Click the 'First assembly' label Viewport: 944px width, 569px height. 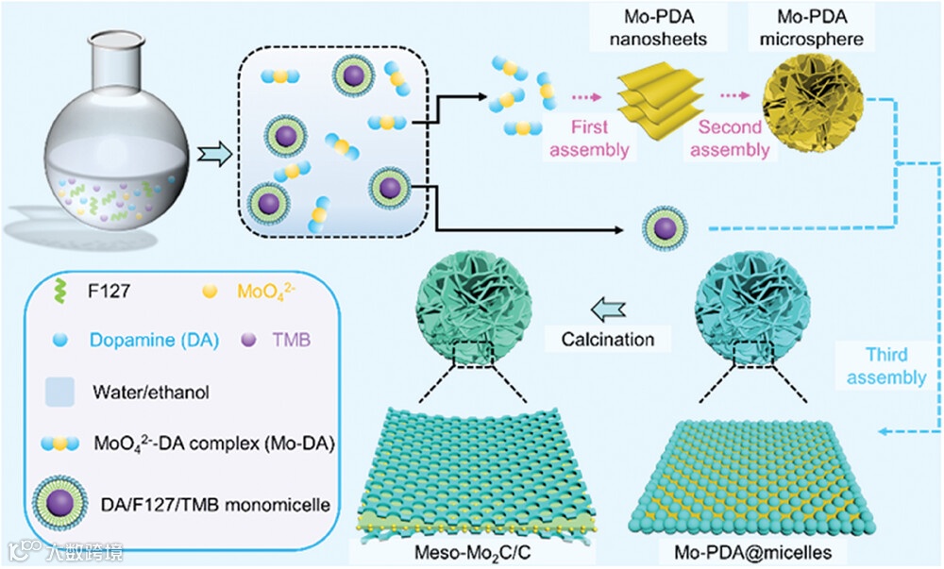point(596,138)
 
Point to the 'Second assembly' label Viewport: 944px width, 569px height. point(728,138)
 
